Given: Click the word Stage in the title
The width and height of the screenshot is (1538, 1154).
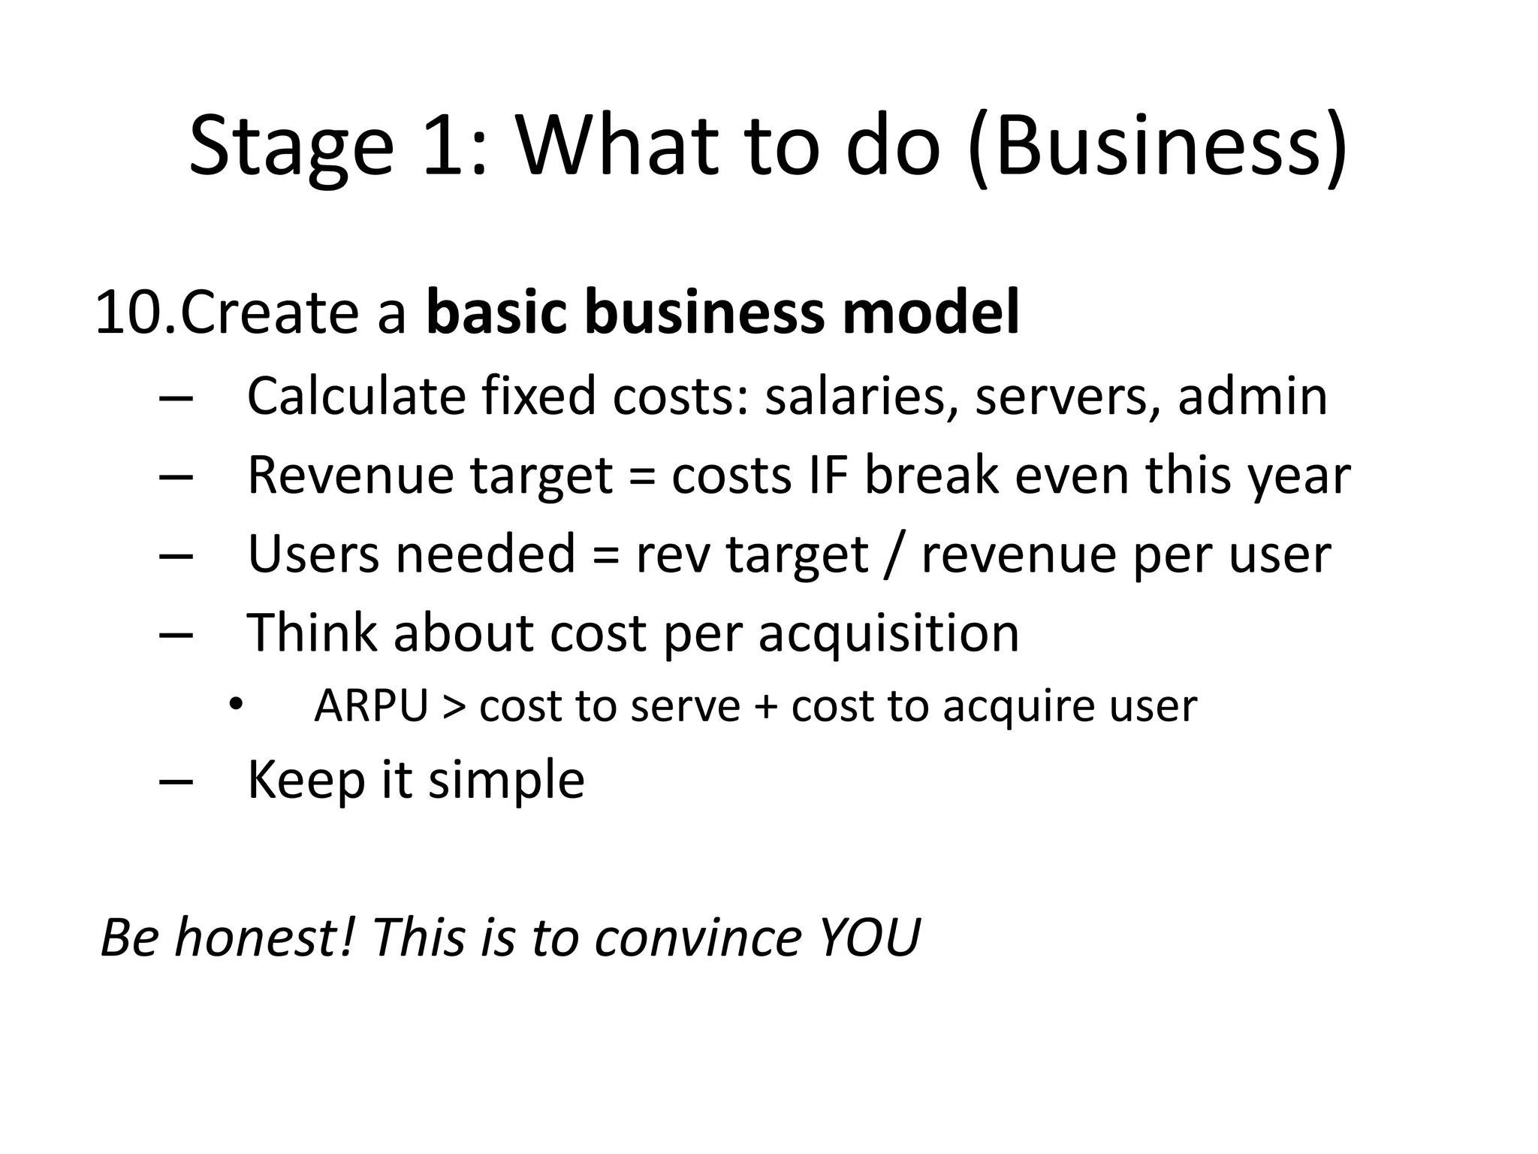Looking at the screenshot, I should click(x=291, y=147).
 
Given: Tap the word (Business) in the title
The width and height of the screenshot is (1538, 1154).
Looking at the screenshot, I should click(x=1157, y=147).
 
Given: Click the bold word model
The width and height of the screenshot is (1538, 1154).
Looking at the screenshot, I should click(x=930, y=313).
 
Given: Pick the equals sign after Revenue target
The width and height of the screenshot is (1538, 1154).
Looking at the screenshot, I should click(x=641, y=478).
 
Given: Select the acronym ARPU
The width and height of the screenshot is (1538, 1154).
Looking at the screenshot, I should click(x=371, y=706).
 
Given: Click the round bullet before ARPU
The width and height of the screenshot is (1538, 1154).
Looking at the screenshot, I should click(x=236, y=705).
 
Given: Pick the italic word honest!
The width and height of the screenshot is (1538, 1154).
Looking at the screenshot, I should click(x=264, y=938).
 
